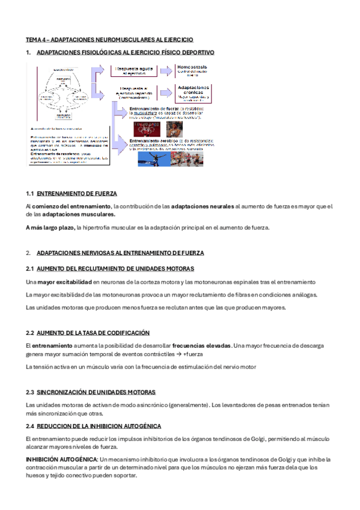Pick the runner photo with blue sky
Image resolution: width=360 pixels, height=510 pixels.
pyautogui.click(x=154, y=158)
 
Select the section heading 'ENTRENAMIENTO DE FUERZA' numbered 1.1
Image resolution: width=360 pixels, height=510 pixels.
pyautogui.click(x=77, y=194)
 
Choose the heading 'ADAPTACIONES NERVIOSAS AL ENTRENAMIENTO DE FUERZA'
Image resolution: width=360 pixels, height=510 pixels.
pyautogui.click(x=120, y=253)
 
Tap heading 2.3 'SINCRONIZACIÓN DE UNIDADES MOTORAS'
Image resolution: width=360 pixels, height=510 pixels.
pyautogui.click(x=96, y=392)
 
